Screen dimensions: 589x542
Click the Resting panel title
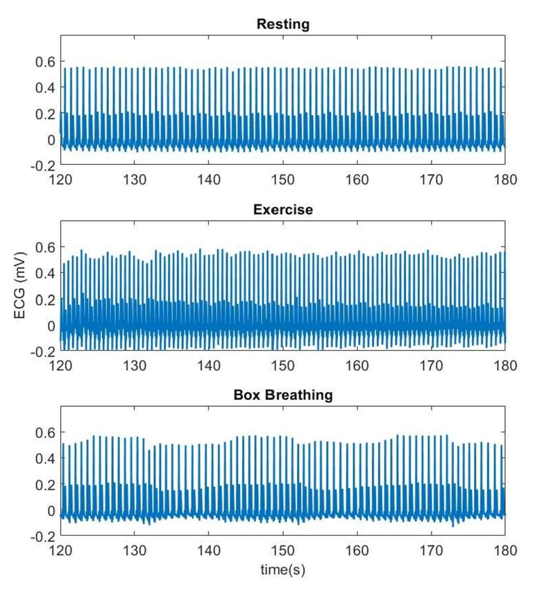pos(283,24)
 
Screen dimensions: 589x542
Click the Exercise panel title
pos(283,210)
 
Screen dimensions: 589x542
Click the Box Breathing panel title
pos(283,395)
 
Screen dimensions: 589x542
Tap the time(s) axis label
pos(283,570)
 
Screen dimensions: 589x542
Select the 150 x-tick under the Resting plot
pos(283,180)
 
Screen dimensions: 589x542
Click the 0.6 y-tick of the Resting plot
pos(46,61)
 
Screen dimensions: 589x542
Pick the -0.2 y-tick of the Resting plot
pos(43,166)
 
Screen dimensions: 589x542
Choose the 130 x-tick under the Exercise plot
pos(134,365)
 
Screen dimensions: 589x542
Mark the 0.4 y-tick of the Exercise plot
pos(46,273)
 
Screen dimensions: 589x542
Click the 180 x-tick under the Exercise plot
pos(505,365)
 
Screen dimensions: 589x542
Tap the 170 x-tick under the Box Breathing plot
pos(431,551)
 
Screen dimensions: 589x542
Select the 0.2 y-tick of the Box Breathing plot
pos(46,485)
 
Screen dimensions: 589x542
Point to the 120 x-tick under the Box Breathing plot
pos(60,551)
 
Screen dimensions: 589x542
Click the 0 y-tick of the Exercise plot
pos(51,326)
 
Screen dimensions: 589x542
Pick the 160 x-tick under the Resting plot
pos(357,180)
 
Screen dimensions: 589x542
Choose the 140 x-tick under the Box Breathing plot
pos(209,551)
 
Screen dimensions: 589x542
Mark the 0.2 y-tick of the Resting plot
pos(46,114)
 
